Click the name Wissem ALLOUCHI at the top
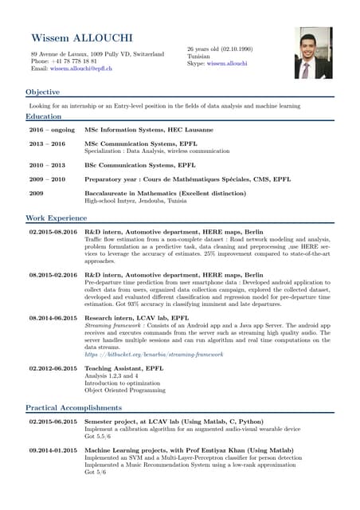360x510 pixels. [82, 39]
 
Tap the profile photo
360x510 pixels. [313, 53]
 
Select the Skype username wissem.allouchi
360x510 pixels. [227, 63]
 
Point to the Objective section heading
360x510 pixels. [42, 92]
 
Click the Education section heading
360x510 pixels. [44, 116]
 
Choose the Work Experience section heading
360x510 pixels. [56, 218]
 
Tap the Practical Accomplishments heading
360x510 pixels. [73, 407]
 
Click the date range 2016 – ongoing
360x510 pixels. [52, 129]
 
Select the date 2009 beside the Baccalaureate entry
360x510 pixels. [36, 194]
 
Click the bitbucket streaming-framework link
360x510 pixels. [154, 354]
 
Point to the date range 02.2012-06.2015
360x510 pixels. [53, 368]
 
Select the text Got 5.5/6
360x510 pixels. [98, 437]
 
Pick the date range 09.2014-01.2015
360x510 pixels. [53, 451]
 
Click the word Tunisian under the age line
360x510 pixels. [199, 56]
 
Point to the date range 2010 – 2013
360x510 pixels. [47, 165]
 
